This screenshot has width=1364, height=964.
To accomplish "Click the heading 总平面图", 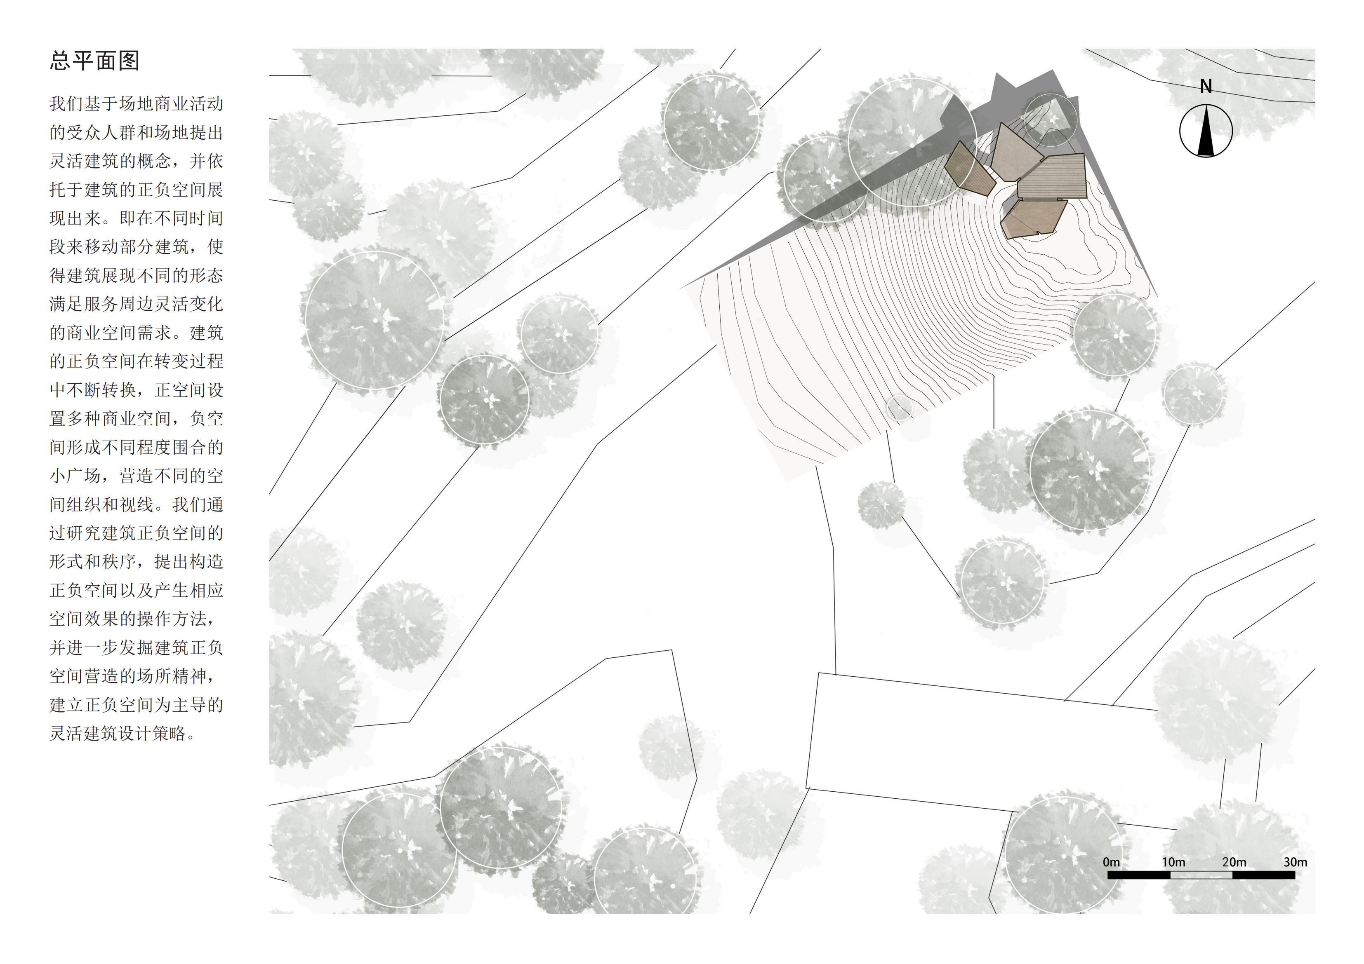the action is (x=94, y=61).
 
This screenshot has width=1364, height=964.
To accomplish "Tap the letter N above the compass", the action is (x=1205, y=87).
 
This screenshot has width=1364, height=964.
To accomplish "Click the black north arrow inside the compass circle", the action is (x=1205, y=131).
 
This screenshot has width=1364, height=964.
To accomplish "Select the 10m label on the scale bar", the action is (x=1173, y=862).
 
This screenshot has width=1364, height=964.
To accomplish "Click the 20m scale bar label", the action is (x=1234, y=862).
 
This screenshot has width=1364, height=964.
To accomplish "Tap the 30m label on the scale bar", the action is (x=1295, y=862).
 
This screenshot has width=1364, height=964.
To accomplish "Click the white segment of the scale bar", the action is (x=1201, y=875).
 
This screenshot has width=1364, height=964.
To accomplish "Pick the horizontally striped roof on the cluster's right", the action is (x=1053, y=176).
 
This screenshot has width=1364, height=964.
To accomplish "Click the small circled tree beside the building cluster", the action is (x=1051, y=119).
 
